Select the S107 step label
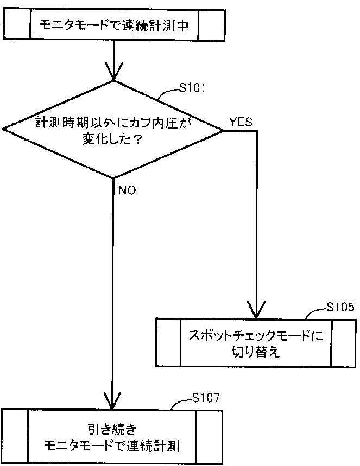(x=206, y=399)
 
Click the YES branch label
(x=241, y=122)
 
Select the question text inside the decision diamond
(x=113, y=130)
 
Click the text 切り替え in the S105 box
(x=255, y=352)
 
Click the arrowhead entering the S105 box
(x=256, y=310)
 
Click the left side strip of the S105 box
(x=168, y=343)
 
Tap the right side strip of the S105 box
(x=343, y=343)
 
